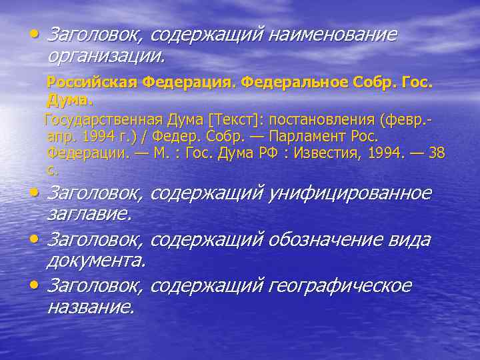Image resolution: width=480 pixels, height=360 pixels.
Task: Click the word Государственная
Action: (103, 120)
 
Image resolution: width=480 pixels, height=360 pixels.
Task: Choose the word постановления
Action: (320, 120)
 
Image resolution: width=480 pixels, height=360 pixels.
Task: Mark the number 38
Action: (437, 153)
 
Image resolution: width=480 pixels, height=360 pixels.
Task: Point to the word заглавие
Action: (89, 214)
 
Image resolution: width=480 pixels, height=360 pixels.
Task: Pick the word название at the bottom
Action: (91, 307)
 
